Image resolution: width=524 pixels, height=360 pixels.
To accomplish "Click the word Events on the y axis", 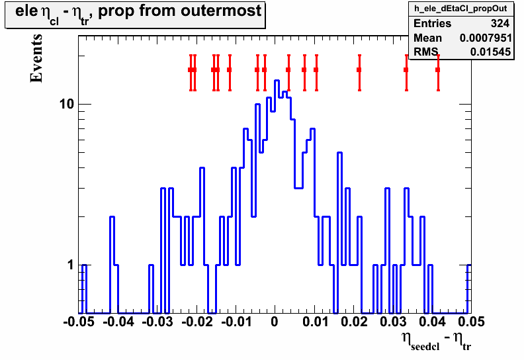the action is tap(36, 58).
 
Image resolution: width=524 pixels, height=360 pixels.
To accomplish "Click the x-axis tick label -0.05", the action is tap(79, 322).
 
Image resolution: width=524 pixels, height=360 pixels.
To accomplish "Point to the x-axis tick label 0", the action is tap(275, 322).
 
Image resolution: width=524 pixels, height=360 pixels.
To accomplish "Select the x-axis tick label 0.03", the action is tap(392, 322).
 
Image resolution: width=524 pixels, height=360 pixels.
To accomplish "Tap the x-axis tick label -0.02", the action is tap(197, 322).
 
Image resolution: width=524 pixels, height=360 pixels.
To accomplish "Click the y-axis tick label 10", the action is tap(66, 105).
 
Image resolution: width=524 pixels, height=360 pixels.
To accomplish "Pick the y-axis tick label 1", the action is tap(70, 265).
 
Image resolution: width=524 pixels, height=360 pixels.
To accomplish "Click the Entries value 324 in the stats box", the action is tap(500, 23).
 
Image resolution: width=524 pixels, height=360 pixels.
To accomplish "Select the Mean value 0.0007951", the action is tap(486, 38).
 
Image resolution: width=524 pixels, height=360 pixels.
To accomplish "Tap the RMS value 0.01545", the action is tap(490, 52).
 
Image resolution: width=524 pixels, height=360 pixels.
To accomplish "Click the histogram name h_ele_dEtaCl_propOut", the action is tap(460, 9).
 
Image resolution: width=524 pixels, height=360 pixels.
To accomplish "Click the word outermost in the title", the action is tap(221, 11).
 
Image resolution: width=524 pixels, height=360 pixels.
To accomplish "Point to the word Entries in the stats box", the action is tap(433, 23).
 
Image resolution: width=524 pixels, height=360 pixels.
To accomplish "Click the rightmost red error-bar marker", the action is tap(438, 69).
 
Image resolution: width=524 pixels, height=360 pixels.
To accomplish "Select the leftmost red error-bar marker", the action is tap(191, 69).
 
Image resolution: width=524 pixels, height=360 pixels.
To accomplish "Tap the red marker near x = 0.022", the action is tap(359, 69).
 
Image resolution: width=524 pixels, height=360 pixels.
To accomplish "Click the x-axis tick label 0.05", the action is tap(471, 322).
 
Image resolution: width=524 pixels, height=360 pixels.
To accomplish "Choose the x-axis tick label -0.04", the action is tap(118, 322).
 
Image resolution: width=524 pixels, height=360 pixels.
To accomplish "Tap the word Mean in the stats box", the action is tap(428, 38).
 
